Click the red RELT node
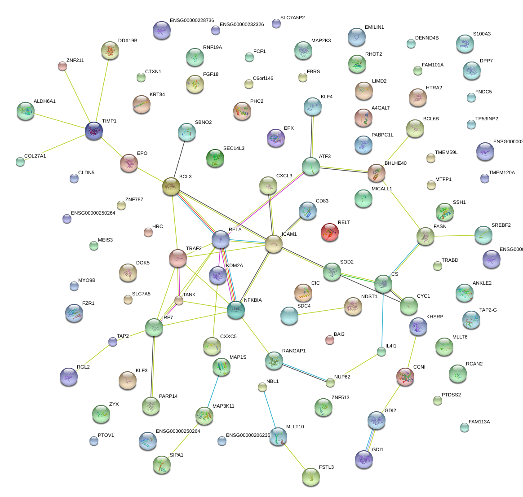pyautogui.click(x=330, y=233)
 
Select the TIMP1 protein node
pyautogui.click(x=94, y=131)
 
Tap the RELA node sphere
pyautogui.click(x=221, y=240)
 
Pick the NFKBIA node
pyautogui.click(x=236, y=310)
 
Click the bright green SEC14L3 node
pyautogui.click(x=215, y=158)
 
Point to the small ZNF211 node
pyautogui.click(x=62, y=66)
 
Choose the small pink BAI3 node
pyautogui.click(x=330, y=340)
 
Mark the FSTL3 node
pyautogui.click(x=310, y=477)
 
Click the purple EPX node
pyautogui.click(x=275, y=138)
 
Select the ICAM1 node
pyautogui.click(x=273, y=244)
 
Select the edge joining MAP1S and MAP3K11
pyautogui.click(x=213, y=391)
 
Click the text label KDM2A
pyautogui.click(x=235, y=266)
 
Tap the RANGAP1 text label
pyautogui.click(x=294, y=351)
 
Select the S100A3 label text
pyautogui.click(x=482, y=34)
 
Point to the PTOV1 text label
pyautogui.click(x=106, y=435)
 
